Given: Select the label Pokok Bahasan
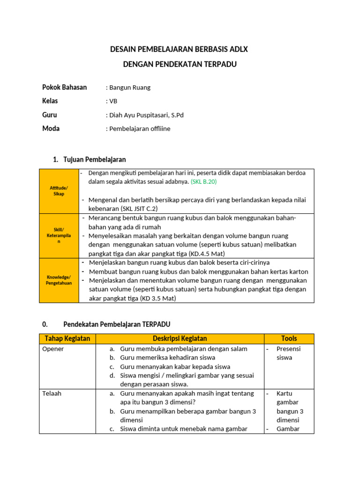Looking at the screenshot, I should (65, 88).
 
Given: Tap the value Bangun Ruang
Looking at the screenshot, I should (130, 88).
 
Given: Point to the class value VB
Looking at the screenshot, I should (113, 101).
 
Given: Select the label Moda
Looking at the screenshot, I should (51, 128).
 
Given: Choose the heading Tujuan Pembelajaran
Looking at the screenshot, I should (94, 160).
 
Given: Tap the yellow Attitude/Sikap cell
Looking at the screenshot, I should (59, 191).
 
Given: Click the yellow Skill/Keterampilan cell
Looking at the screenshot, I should (59, 235).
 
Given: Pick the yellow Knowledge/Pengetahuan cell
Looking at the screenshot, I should (59, 280).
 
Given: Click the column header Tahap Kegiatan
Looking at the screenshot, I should (67, 338).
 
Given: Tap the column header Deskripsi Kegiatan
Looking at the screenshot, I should (180, 338).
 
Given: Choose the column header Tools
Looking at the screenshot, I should (289, 338).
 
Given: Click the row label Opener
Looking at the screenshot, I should (53, 349).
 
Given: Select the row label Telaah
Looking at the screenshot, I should (52, 394).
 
